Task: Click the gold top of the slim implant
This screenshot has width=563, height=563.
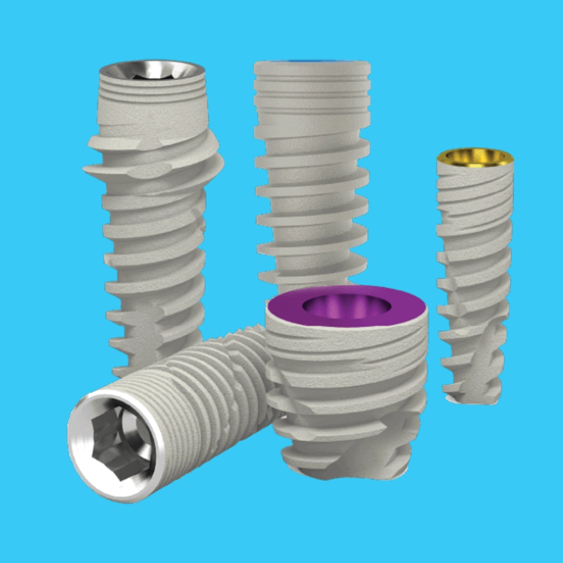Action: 475,158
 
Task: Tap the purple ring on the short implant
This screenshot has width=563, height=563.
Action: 287,309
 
